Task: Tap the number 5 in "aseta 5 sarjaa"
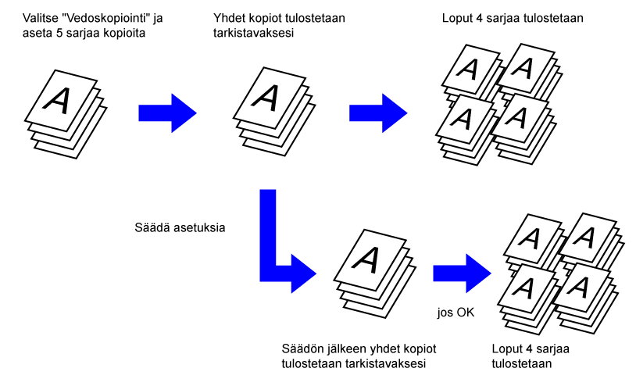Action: (59, 33)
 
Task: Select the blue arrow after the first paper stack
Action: (167, 113)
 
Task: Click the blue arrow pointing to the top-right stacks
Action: (378, 113)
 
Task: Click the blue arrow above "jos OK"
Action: (462, 273)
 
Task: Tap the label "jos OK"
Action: (456, 313)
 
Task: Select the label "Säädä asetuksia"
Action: (180, 227)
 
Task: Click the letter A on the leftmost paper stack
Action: (57, 100)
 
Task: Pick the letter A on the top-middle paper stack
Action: (266, 98)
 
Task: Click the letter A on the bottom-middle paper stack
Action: (366, 259)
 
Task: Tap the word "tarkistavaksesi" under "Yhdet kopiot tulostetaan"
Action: (253, 33)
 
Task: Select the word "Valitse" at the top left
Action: (40, 18)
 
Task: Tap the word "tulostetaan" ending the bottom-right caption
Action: (522, 363)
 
